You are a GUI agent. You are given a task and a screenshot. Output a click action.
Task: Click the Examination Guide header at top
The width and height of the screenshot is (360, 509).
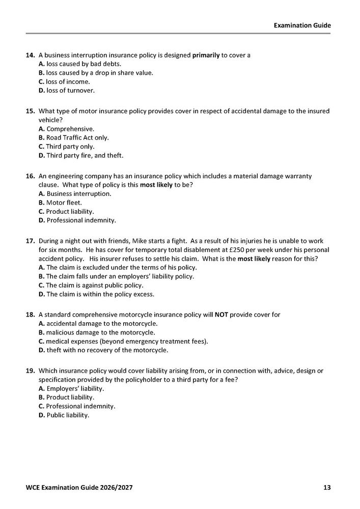click(302, 25)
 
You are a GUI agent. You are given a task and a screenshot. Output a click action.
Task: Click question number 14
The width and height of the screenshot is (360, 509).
click(30, 55)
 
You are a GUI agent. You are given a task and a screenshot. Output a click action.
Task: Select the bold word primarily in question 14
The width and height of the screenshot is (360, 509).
click(206, 55)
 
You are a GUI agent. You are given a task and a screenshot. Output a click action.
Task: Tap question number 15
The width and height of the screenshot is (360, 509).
click(30, 111)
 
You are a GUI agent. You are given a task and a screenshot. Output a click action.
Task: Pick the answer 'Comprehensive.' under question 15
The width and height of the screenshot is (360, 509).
click(66, 129)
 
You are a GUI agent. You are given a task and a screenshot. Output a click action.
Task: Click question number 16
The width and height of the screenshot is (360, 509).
click(30, 176)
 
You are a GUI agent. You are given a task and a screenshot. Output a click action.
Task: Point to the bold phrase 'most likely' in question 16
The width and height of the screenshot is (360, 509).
click(156, 185)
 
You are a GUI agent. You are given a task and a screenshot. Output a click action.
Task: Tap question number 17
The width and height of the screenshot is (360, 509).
click(30, 241)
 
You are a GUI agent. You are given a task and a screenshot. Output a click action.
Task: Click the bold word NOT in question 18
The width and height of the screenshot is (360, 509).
click(221, 315)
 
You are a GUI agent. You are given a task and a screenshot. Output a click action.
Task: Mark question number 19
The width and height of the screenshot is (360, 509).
click(30, 371)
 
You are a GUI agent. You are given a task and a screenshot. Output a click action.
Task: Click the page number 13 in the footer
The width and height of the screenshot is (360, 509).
click(327, 488)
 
